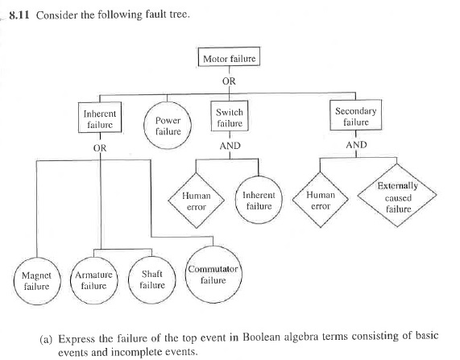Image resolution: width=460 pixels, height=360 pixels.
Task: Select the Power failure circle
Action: point(168,126)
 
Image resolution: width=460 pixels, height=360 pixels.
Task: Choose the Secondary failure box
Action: point(355,116)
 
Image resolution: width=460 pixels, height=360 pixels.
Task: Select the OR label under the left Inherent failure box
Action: point(101,147)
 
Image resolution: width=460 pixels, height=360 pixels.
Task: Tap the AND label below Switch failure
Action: point(230,145)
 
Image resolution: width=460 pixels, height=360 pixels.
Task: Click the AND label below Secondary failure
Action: point(356,145)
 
